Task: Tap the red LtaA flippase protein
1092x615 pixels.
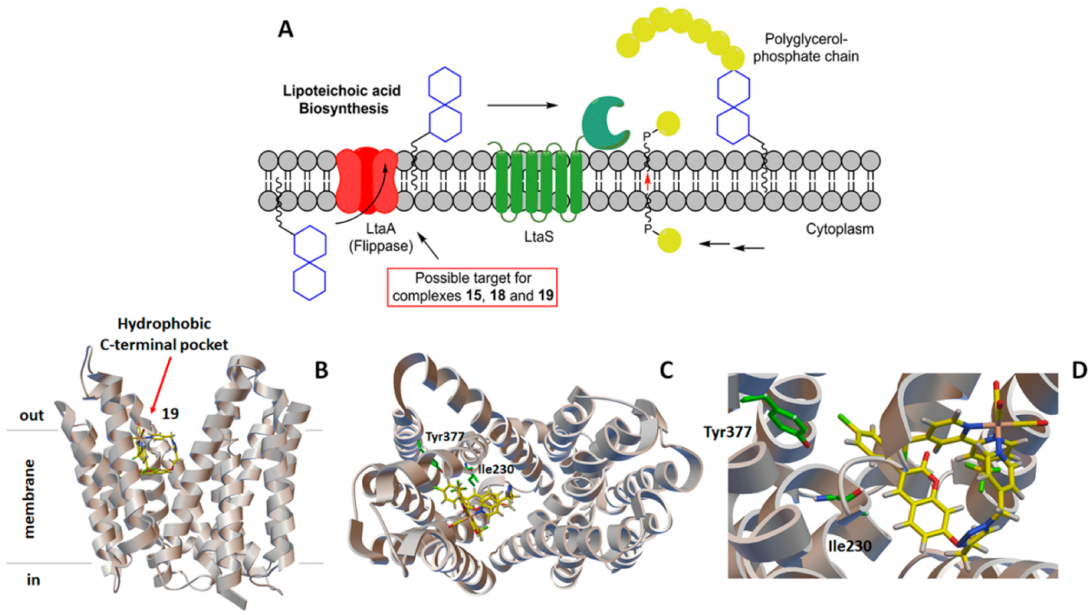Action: pyautogui.click(x=365, y=180)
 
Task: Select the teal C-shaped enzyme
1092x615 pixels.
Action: pyautogui.click(x=607, y=122)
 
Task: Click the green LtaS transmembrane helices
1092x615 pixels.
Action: pyautogui.click(x=537, y=180)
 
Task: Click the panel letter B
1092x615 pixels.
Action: pyautogui.click(x=320, y=370)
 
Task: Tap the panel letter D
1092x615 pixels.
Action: pyautogui.click(x=1078, y=370)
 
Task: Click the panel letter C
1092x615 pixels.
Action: pyautogui.click(x=667, y=370)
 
